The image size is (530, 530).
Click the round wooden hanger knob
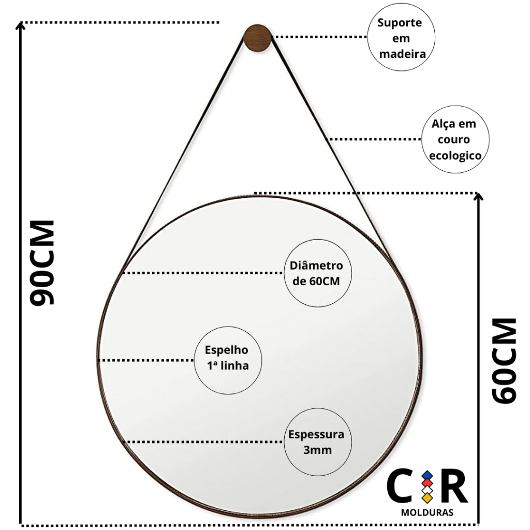257,38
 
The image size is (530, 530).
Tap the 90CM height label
42,262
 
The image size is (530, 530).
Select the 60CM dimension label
504,361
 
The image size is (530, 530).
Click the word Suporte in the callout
400,23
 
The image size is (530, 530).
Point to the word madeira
402,54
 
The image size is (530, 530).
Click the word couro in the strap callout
453,139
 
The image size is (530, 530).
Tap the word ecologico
455,155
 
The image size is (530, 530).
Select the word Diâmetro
316,266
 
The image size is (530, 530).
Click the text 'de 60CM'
316,281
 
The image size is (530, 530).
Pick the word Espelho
227,350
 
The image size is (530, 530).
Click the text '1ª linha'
228,365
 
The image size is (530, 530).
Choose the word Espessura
316,435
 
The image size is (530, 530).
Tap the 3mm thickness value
317,450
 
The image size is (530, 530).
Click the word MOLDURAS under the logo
427,512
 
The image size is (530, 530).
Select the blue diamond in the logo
427,475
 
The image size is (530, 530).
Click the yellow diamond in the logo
427,497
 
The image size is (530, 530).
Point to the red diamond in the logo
427,483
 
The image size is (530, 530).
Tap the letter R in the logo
454,485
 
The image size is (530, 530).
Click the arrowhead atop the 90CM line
21,26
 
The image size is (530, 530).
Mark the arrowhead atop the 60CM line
478,197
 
